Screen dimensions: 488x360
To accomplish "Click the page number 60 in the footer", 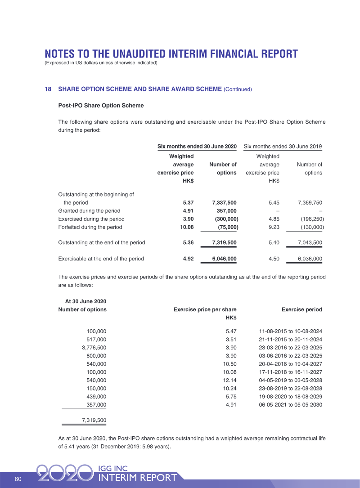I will tap(18, 479).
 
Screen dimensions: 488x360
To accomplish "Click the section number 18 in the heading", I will tap(48, 89).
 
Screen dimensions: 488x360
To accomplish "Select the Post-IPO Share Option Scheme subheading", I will tap(101, 106).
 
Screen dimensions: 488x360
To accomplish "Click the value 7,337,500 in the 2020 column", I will tap(224, 203).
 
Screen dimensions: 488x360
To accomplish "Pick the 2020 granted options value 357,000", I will tap(226, 211).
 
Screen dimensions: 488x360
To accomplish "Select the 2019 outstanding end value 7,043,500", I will tap(310, 243).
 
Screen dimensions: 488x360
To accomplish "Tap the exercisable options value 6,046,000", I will tap(224, 259).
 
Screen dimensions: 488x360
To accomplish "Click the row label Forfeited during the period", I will tap(90, 227).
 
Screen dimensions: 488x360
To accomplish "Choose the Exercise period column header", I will tap(301, 309).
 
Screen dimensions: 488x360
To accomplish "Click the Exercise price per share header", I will tap(205, 309).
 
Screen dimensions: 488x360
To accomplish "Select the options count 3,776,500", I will tap(94, 348).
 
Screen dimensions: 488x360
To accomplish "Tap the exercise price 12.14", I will tap(229, 380).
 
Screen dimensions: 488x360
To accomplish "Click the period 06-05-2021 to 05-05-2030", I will tap(291, 404).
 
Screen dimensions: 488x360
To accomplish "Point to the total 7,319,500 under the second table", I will tap(94, 420).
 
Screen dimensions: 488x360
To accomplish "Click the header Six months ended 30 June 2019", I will tap(283, 147).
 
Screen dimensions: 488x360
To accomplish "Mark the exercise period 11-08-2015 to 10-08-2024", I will tap(291, 331).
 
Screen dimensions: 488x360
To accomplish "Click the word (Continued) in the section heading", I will tap(238, 90).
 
